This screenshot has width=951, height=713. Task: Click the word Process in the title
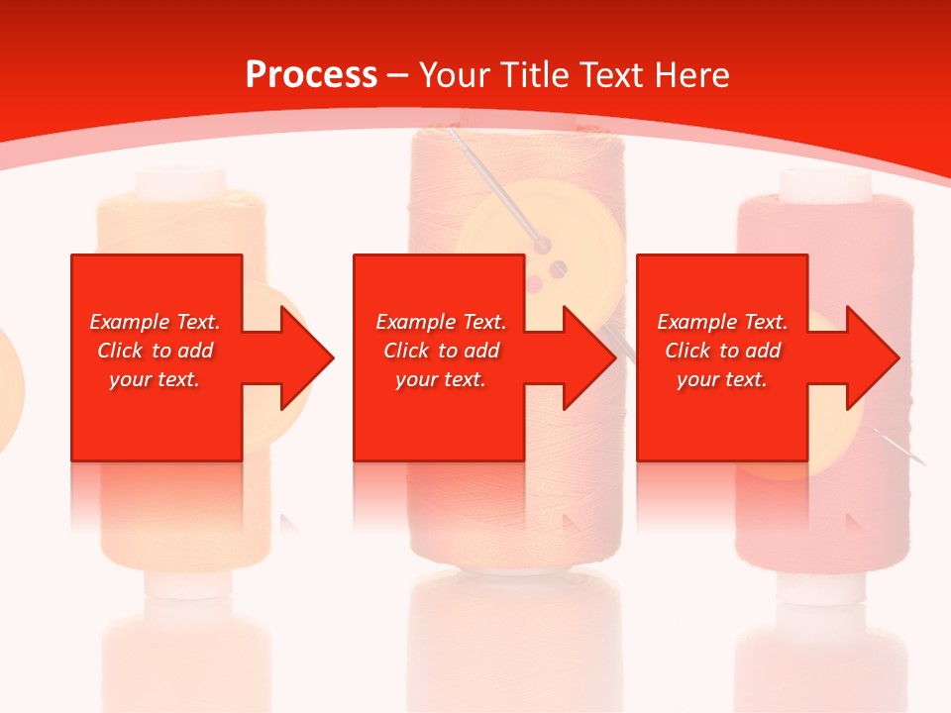(x=311, y=75)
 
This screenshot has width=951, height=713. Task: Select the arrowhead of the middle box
(x=594, y=357)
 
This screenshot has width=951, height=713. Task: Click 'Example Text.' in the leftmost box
(x=155, y=322)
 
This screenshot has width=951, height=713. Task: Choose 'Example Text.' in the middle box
(x=441, y=322)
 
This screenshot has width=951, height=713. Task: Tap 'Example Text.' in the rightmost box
(x=722, y=322)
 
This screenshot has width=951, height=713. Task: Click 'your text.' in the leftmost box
(x=155, y=379)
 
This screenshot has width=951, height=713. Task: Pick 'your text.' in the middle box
(x=441, y=379)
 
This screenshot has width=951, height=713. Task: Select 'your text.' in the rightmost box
(x=722, y=379)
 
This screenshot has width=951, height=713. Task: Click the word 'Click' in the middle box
(x=405, y=351)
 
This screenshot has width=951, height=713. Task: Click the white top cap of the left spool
(x=181, y=182)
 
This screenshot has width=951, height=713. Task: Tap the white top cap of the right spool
(x=824, y=182)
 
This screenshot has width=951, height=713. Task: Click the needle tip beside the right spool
(x=919, y=460)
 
